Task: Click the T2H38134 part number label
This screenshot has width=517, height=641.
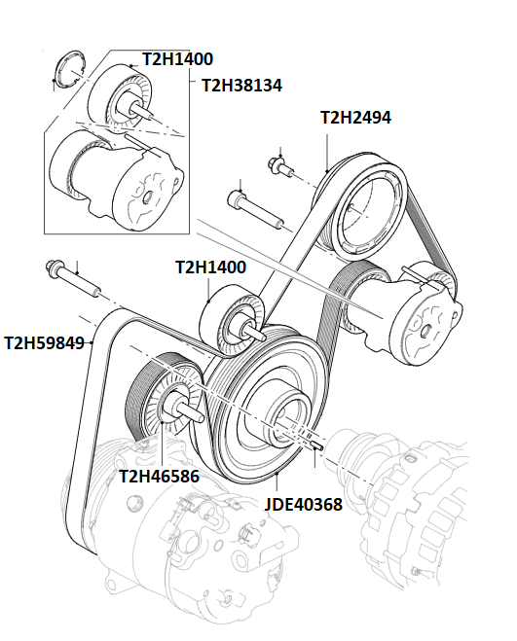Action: click(241, 86)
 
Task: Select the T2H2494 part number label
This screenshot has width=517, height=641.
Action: click(355, 119)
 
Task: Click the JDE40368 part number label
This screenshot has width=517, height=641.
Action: click(303, 505)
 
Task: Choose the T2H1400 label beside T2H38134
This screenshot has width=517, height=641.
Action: click(177, 59)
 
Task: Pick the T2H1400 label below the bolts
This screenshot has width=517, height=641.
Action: click(210, 267)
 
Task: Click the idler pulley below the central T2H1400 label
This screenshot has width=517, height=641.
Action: click(234, 325)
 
